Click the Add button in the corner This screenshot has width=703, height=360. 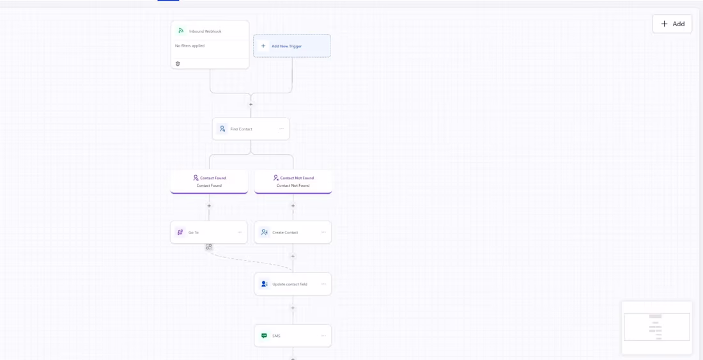click(x=672, y=24)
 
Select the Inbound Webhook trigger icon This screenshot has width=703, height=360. click(x=181, y=31)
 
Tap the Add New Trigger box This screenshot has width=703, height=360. click(x=292, y=46)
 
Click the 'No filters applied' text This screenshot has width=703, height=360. click(x=190, y=46)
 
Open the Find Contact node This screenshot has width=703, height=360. click(x=251, y=129)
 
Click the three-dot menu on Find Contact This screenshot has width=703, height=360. click(x=282, y=129)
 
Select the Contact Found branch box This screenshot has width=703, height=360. click(x=209, y=182)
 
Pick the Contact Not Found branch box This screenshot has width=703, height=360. click(x=293, y=182)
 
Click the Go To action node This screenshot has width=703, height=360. click(x=209, y=232)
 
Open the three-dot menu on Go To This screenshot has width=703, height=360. click(x=240, y=232)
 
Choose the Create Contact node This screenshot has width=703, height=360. click(x=293, y=232)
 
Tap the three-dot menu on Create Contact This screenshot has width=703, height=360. click(x=323, y=232)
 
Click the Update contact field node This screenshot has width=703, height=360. click(x=293, y=284)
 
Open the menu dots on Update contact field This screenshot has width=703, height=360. click(x=323, y=284)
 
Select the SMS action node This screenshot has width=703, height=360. click(x=293, y=336)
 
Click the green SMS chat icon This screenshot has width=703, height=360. click(x=264, y=335)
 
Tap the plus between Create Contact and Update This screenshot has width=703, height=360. click(x=293, y=256)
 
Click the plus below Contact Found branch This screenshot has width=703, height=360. click(x=209, y=206)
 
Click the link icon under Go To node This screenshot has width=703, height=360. click(x=209, y=247)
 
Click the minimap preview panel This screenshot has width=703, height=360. click(x=657, y=327)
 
